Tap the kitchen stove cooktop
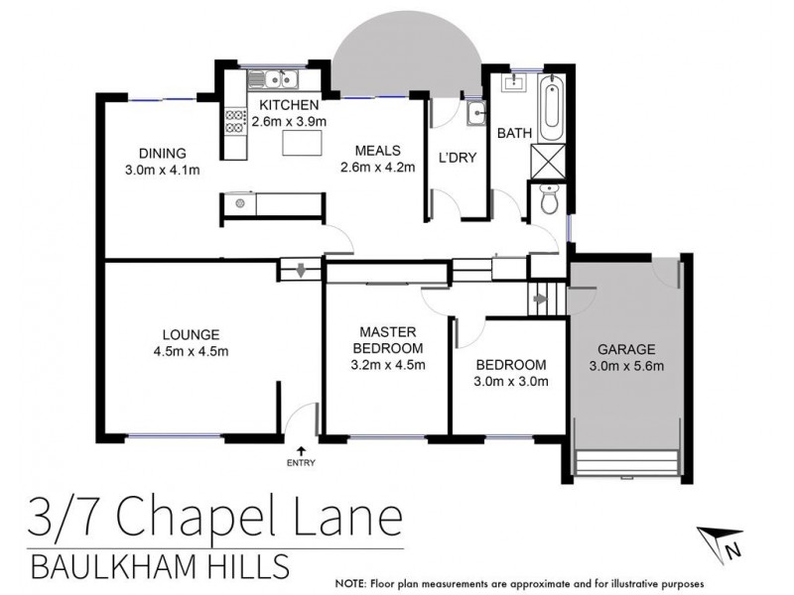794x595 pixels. (x=236, y=121)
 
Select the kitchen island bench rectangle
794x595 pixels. (x=302, y=144)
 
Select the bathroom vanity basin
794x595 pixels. (x=513, y=82)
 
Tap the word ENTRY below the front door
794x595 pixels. (x=301, y=464)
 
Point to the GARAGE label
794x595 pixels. (x=625, y=349)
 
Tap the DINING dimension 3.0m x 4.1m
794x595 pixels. (x=162, y=169)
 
